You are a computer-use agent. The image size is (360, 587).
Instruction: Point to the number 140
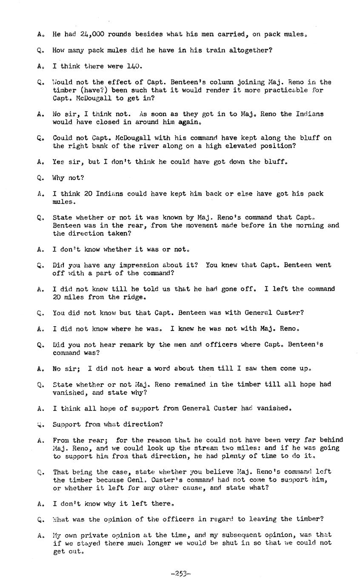pos(134,66)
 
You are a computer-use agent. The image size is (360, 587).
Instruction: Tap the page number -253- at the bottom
pos(180,573)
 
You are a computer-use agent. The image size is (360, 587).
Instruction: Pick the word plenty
pos(240,456)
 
